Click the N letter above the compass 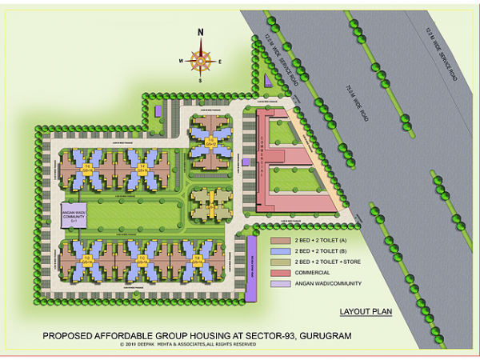pos(201,32)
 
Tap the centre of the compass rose pos(201,59)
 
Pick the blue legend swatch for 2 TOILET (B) pos(281,250)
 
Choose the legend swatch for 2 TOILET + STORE pos(281,262)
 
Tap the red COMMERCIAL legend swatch pos(281,272)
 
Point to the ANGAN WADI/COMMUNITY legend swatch pos(281,283)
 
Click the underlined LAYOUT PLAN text pos(366,312)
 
